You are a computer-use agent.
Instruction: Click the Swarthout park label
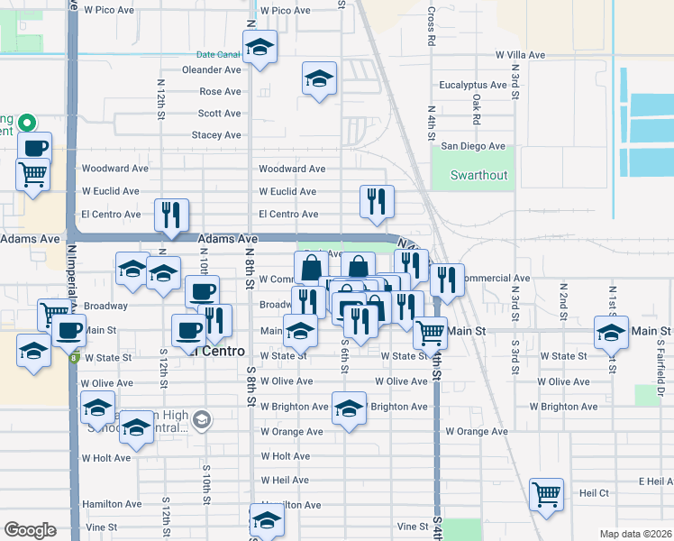click(x=479, y=175)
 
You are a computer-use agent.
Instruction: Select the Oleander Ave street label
click(x=212, y=69)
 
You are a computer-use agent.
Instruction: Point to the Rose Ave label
click(x=220, y=92)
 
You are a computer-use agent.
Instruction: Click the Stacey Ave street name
click(x=216, y=135)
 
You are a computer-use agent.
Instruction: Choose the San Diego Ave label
click(x=472, y=146)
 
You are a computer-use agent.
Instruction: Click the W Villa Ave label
click(x=520, y=55)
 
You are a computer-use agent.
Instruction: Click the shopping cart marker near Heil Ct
click(x=546, y=494)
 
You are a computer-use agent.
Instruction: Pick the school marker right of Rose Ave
click(x=319, y=79)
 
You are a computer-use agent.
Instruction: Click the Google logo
click(x=30, y=530)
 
